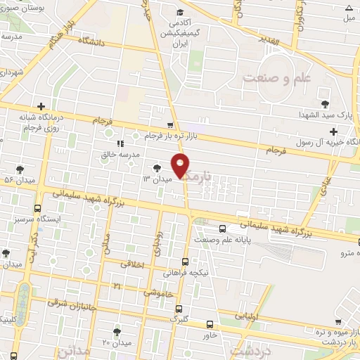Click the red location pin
[x=181, y=165]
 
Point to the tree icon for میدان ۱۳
[x=156, y=167]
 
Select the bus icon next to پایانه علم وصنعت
[x=222, y=228]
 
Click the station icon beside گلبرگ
[x=178, y=308]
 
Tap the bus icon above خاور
[x=210, y=324]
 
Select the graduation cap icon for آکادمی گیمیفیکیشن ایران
[x=180, y=13]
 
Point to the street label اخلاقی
[x=134, y=264]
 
